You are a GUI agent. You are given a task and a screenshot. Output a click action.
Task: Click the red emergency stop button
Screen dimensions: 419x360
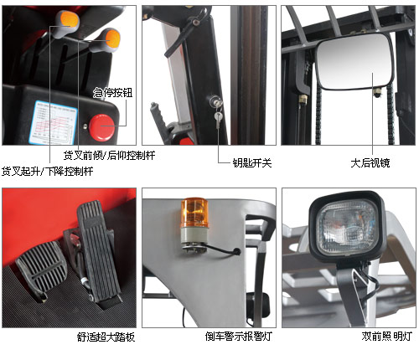point(101,127)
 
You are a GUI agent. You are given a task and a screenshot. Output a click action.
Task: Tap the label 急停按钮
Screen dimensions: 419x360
point(112,93)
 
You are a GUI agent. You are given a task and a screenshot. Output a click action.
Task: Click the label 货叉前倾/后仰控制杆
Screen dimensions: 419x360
point(109,155)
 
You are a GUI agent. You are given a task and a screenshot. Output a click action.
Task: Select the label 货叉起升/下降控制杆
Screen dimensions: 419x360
point(48,171)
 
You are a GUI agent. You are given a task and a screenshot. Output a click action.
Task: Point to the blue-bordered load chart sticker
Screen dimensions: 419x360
point(53,122)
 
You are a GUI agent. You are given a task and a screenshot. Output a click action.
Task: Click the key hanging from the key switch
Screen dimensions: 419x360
point(218,120)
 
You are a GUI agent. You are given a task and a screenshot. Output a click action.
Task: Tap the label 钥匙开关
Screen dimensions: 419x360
point(252,163)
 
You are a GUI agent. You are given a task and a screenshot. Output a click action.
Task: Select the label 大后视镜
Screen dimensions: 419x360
point(370,163)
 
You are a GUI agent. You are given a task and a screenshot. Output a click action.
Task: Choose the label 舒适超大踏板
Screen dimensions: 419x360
point(106,337)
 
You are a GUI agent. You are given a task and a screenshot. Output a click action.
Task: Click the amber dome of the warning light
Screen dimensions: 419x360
point(194,213)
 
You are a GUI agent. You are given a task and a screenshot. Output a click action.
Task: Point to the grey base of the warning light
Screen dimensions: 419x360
point(194,236)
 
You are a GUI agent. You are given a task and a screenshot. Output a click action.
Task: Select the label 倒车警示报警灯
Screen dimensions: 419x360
point(239,337)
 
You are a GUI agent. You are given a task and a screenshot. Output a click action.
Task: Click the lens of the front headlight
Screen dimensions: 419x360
point(349,228)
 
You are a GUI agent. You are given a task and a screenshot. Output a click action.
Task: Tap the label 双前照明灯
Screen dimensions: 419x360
point(387,337)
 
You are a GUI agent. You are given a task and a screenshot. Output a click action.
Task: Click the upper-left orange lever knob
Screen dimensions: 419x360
point(70,19)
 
